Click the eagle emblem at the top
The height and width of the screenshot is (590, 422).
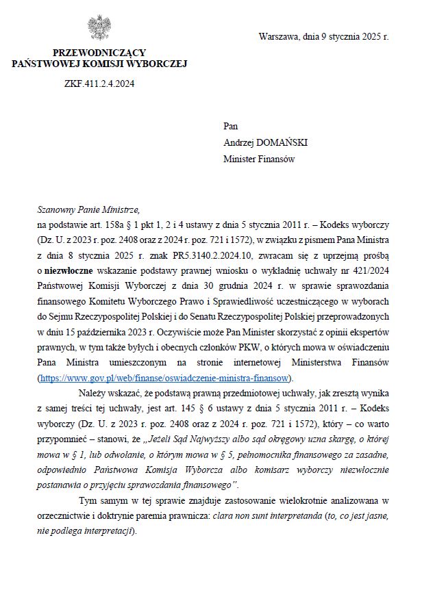tap(99, 28)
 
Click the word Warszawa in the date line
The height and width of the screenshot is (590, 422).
tap(278, 37)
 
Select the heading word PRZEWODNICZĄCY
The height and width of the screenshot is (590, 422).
tap(99, 53)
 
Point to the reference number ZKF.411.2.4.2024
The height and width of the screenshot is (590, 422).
tap(99, 84)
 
